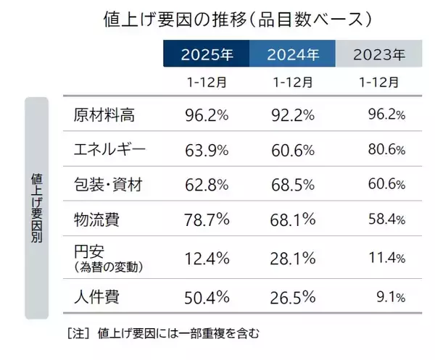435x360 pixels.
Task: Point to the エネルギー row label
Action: [x=110, y=150]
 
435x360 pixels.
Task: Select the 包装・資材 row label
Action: [x=108, y=186]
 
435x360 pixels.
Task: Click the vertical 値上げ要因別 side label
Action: [x=37, y=207]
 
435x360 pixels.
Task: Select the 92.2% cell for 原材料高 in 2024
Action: [x=293, y=114]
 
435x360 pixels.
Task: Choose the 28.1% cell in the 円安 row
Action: [x=293, y=259]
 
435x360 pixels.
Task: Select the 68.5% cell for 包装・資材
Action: [x=293, y=186]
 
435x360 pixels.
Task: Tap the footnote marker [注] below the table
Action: [x=78, y=333]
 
